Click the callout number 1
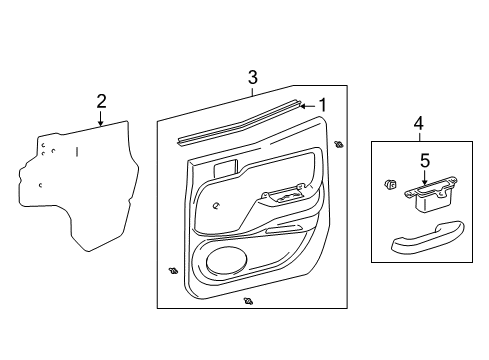click(x=322, y=104)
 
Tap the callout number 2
click(x=101, y=100)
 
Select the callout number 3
click(x=253, y=77)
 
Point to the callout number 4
click(x=419, y=123)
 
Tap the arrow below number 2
click(x=101, y=120)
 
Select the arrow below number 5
click(x=423, y=178)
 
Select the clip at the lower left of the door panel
click(x=174, y=270)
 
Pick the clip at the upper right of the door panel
click(x=339, y=145)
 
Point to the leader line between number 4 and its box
click(x=419, y=136)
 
